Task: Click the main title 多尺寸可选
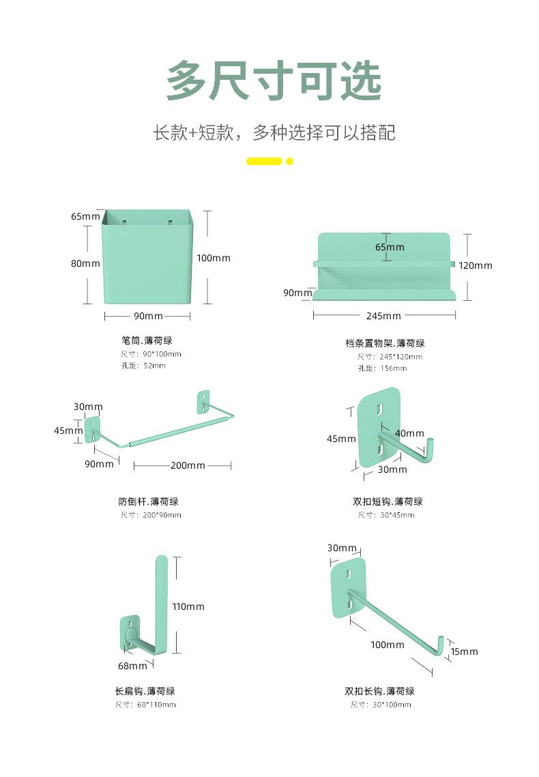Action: click(274, 80)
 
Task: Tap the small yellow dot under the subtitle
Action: click(290, 161)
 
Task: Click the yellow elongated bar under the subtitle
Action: click(264, 161)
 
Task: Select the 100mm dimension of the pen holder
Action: click(214, 258)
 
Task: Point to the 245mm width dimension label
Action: click(383, 316)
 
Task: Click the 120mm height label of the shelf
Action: click(475, 265)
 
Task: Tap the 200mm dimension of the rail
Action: click(188, 465)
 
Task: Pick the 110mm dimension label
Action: click(188, 606)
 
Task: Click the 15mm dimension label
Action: click(464, 651)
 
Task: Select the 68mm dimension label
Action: click(132, 666)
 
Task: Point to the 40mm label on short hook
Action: click(409, 434)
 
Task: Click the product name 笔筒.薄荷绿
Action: click(147, 340)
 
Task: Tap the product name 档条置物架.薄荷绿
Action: click(385, 343)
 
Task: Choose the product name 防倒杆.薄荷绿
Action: click(149, 501)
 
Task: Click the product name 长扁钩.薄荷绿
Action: click(145, 691)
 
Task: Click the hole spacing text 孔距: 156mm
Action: click(383, 368)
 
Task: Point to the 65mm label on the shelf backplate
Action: click(390, 247)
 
